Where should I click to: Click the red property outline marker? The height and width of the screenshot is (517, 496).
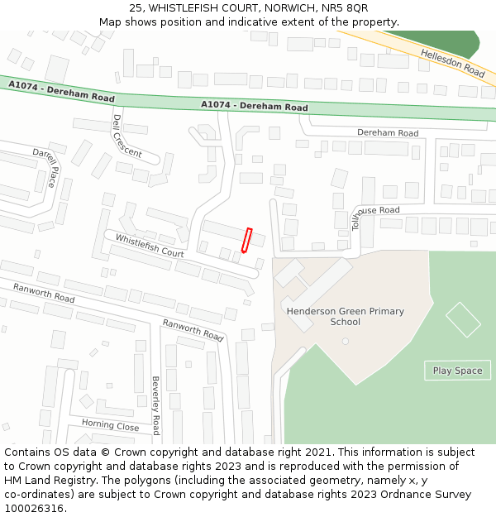(x=246, y=240)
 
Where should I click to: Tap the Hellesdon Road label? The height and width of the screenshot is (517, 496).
(x=452, y=63)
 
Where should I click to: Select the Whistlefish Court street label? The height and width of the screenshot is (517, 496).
(x=150, y=246)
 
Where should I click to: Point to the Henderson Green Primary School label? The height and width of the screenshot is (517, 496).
(x=346, y=316)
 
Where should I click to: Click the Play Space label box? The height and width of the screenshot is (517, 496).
(x=457, y=371)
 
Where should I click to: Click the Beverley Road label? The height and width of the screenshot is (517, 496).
(x=155, y=405)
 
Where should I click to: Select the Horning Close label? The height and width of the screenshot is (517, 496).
(x=110, y=426)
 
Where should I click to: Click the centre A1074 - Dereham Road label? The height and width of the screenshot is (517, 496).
(x=255, y=106)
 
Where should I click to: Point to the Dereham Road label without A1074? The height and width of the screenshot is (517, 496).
(x=388, y=132)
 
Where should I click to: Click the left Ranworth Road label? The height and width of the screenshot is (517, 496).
(x=44, y=292)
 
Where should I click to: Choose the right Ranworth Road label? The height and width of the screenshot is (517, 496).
(x=193, y=330)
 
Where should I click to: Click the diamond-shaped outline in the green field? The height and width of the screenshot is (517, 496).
(x=463, y=319)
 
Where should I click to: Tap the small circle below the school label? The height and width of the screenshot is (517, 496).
(x=346, y=341)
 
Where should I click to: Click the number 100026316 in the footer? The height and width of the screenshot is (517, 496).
(x=35, y=508)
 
